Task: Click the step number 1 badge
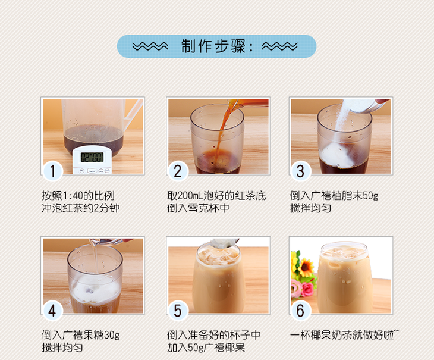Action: coord(52,171)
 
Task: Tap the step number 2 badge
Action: coord(178,171)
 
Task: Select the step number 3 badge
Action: coord(301,171)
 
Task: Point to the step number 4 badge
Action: coord(52,311)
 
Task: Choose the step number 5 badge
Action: coord(178,311)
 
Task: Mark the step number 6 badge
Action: coord(301,311)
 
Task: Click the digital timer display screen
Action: coord(92,157)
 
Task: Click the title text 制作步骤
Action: coord(213,46)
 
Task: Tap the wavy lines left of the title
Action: coord(150,46)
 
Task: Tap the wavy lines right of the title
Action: coord(279,46)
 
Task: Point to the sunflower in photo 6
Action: coord(306,267)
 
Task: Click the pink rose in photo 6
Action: coord(307,290)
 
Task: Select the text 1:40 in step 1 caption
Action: coord(73,196)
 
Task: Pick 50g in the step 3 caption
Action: coord(370,196)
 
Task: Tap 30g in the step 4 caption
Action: coord(112,336)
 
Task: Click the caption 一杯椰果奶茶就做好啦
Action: coord(342,336)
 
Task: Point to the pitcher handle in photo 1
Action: coord(133,111)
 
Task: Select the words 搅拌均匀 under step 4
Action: coord(62,348)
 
